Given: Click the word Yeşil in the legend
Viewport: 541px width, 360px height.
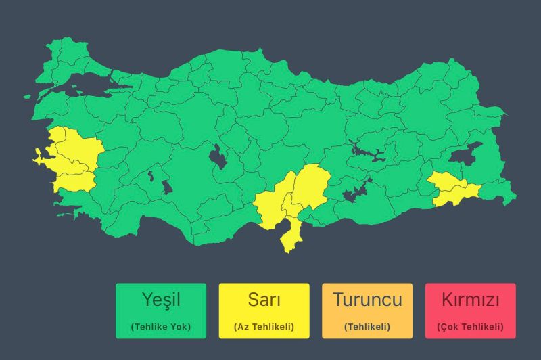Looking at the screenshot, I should (160, 299).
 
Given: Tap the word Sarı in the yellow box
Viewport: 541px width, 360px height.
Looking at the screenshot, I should (264, 299).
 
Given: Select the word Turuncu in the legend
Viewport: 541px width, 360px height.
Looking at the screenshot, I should (367, 299).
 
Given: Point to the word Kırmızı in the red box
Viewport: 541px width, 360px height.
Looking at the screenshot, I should (470, 299).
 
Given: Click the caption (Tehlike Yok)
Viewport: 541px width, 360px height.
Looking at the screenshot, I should (160, 327).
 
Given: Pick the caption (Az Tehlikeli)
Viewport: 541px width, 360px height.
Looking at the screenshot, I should (264, 327).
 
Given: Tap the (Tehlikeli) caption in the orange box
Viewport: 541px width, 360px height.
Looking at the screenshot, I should (367, 327).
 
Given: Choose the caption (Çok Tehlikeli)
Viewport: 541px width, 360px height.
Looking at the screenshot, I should (470, 327).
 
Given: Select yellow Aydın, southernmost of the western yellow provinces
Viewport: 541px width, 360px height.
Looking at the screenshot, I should (74, 181).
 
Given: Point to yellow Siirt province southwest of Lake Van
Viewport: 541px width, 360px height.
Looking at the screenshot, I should (444, 181).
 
